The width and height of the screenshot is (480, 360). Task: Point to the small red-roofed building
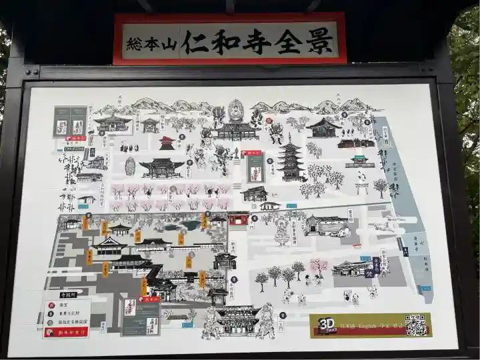[x=167, y=143]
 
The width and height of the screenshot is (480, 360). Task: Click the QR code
[x=415, y=325]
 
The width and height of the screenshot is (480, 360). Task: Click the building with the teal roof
[x=360, y=160]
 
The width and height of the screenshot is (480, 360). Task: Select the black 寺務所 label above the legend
[x=68, y=295]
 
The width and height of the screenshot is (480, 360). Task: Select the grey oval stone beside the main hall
[x=130, y=166]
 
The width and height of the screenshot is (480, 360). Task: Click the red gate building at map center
[x=238, y=219]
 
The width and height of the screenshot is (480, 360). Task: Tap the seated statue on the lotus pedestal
[x=282, y=231]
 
